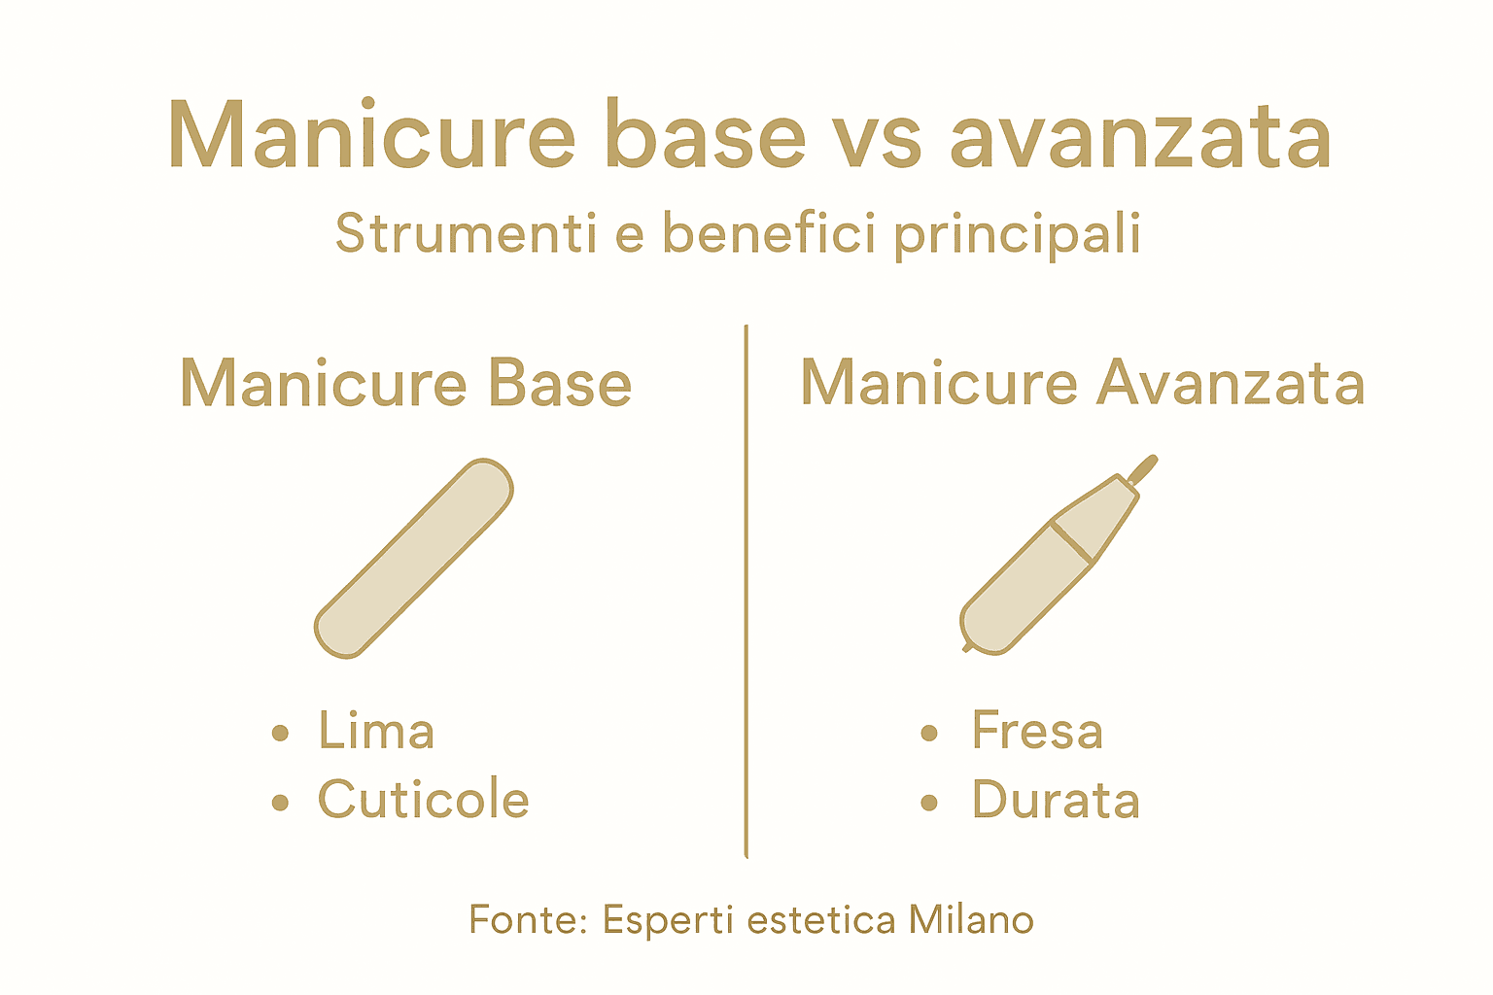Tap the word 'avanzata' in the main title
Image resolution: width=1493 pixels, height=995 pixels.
1140,138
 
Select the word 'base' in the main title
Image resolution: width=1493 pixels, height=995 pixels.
705,136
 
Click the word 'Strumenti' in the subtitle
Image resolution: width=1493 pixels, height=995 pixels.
466,233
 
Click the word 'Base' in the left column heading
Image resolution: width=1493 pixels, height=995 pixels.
559,384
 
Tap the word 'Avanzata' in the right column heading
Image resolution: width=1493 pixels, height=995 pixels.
1231,384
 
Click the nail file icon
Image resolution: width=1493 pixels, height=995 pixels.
414,558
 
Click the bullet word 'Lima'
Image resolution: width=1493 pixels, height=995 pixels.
376,732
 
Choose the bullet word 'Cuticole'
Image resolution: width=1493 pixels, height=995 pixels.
423,801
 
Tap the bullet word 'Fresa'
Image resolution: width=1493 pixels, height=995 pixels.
1037,732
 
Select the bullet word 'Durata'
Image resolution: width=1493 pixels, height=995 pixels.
1056,801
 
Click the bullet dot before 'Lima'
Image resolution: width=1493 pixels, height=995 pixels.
281,733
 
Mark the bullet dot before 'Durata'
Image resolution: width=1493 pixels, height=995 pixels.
929,803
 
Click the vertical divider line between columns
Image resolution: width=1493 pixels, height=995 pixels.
746,593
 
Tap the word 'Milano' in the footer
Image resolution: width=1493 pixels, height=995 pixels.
971,919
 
